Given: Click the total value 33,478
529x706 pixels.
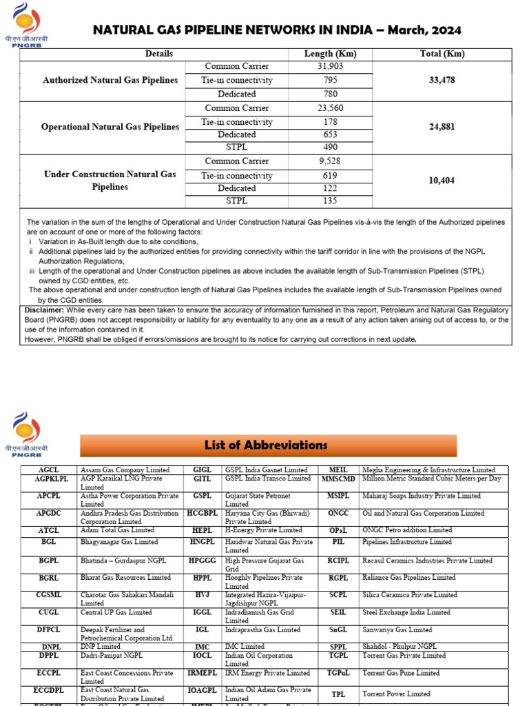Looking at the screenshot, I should [x=442, y=80].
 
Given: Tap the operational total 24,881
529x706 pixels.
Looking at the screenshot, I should [x=442, y=128].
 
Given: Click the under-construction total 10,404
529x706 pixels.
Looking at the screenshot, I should [x=442, y=181].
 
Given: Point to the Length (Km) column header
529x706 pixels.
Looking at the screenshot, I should [x=330, y=54].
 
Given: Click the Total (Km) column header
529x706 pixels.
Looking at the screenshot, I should [x=442, y=54].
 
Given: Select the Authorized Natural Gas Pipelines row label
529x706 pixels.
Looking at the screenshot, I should [x=110, y=80].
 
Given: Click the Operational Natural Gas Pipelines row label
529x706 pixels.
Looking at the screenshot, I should [x=110, y=128].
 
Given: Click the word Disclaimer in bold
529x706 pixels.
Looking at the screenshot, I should [x=44, y=310].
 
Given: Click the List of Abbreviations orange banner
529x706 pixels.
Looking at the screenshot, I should [x=269, y=445].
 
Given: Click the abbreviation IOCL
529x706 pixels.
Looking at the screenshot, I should [x=202, y=656].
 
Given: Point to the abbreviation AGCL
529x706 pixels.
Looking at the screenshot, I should [x=48, y=470].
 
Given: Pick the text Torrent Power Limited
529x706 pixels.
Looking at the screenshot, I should [x=396, y=694].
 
